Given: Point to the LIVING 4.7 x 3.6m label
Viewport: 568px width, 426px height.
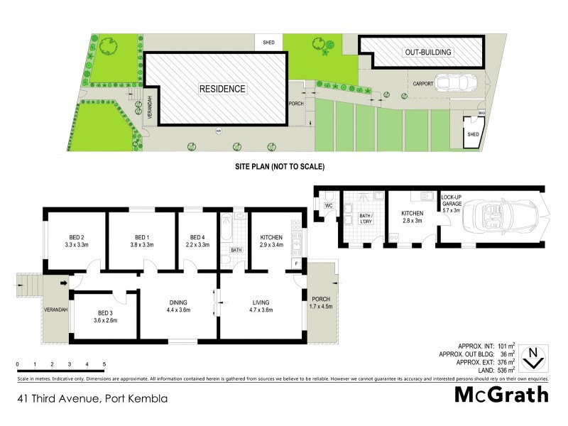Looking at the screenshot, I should pyautogui.click(x=262, y=306).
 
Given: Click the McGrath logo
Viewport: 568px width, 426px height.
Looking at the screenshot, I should pyautogui.click(x=501, y=394).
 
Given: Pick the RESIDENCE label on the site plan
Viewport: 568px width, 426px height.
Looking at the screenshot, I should pyautogui.click(x=222, y=89).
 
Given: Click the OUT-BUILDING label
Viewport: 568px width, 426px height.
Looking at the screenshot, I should pyautogui.click(x=428, y=53).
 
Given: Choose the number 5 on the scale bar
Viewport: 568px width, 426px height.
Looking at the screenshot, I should pyautogui.click(x=104, y=364).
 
